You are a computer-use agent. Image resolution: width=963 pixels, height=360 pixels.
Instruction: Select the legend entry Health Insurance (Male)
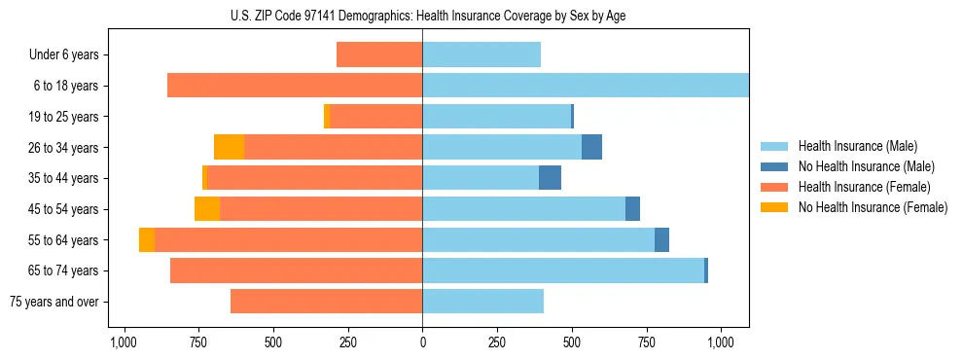(856, 146)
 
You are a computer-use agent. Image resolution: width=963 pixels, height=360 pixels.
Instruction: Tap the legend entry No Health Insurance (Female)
(872, 207)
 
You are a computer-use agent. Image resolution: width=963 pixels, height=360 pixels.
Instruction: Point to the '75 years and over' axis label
(54, 302)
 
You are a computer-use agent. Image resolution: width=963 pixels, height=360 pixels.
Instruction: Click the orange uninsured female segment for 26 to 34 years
(229, 147)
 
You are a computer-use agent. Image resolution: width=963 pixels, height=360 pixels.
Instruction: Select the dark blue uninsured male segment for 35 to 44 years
(550, 178)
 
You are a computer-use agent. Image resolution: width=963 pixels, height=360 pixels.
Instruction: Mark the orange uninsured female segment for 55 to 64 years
(147, 239)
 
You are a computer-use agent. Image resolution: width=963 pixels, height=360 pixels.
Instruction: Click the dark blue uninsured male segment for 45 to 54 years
(632, 209)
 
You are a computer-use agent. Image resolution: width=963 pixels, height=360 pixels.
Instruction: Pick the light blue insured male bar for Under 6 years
(481, 54)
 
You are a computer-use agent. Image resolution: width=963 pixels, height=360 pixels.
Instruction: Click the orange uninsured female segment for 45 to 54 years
(207, 209)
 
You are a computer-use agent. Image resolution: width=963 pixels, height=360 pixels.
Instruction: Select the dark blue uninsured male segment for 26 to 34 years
(591, 147)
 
